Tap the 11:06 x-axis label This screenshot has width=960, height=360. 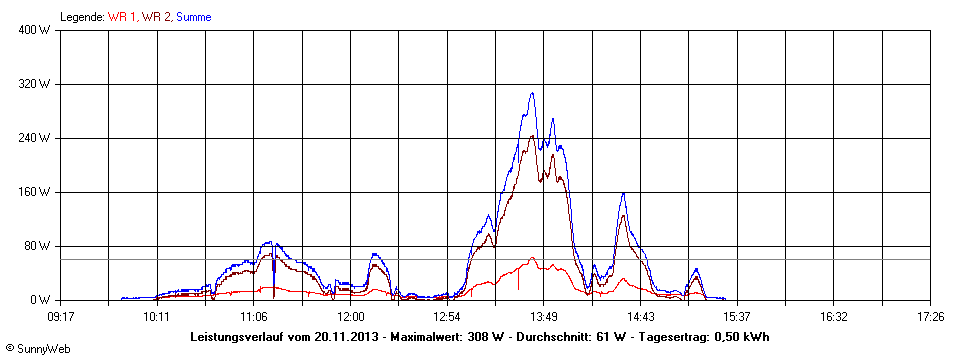tap(253, 317)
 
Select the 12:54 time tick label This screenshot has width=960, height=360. tap(446, 317)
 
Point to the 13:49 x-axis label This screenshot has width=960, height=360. tap(543, 317)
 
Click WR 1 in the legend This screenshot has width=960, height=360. tap(122, 17)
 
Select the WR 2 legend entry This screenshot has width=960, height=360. tap(155, 17)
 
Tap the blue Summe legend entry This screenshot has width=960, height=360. tap(193, 17)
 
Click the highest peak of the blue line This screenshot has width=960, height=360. tap(532, 93)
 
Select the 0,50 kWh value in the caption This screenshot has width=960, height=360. tap(739, 336)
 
